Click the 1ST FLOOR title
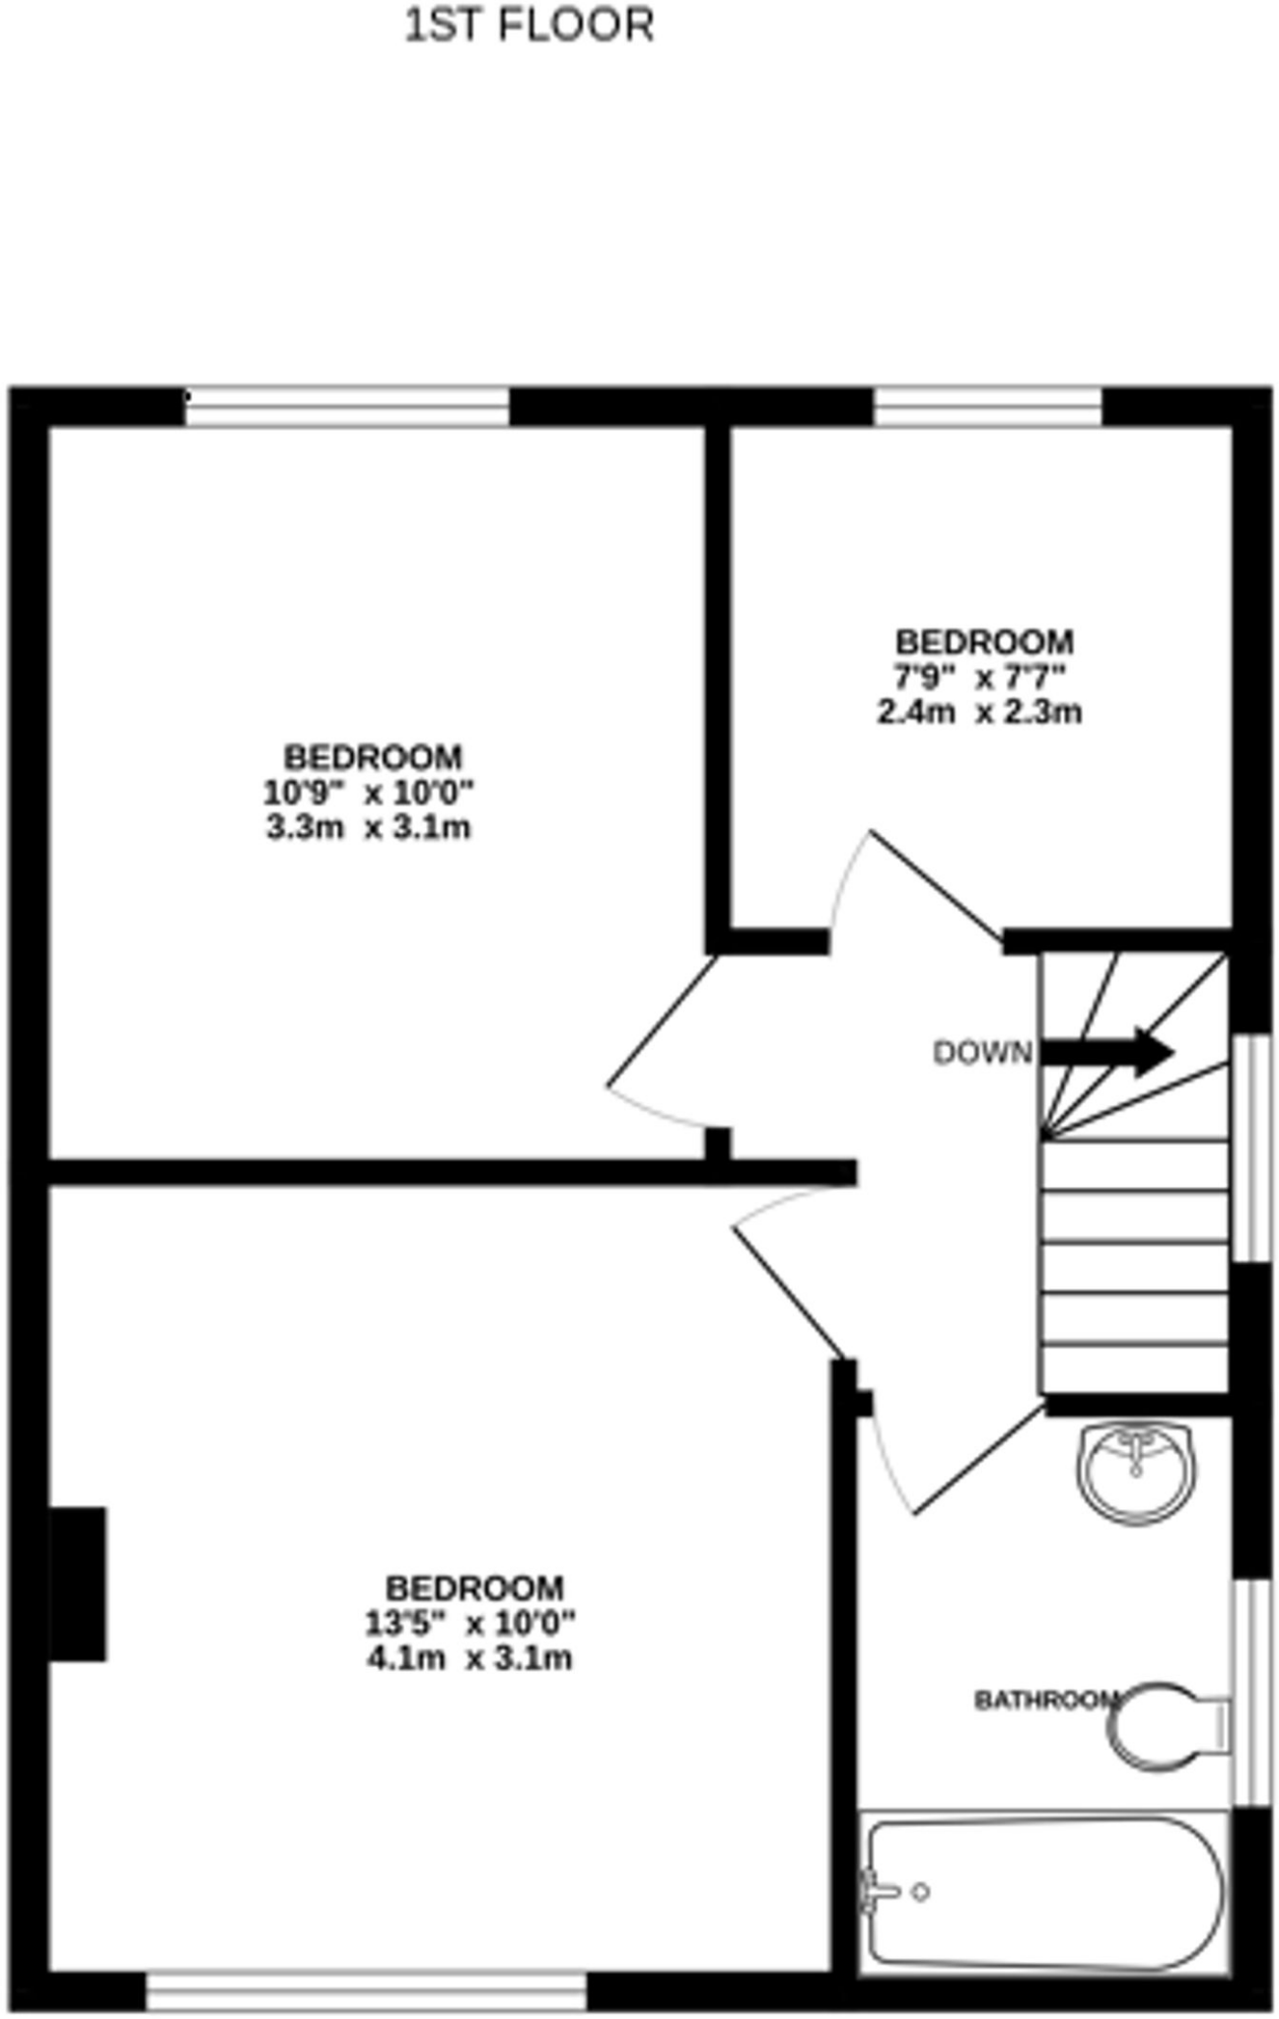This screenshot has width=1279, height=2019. (x=530, y=26)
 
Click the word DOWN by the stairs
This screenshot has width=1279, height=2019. (x=982, y=1054)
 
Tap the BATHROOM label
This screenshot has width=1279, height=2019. (x=1045, y=1701)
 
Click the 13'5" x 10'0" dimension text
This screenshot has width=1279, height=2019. (x=470, y=1622)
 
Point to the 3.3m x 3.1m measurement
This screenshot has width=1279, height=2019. (x=369, y=827)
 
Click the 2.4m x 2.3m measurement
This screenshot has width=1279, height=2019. (x=980, y=712)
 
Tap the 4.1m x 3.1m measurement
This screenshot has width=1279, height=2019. (x=470, y=1658)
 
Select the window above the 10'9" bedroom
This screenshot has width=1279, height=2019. (x=347, y=406)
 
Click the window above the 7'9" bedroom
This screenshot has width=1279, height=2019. (x=987, y=406)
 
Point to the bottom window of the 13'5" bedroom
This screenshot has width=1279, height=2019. (x=366, y=1991)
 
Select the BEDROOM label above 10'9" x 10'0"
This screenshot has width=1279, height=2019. (x=373, y=757)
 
